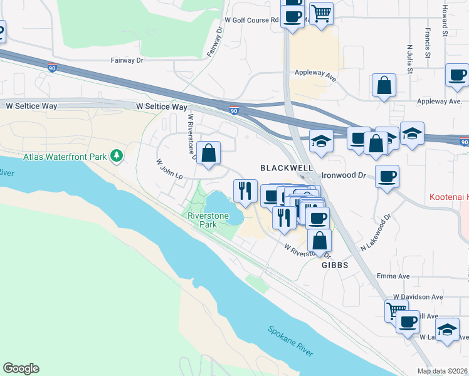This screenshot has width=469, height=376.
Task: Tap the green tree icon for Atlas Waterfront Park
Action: (116, 155)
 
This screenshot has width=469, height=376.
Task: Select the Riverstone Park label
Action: (206, 219)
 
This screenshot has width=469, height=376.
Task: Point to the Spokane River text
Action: (290, 341)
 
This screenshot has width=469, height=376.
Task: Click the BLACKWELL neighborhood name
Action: (287, 169)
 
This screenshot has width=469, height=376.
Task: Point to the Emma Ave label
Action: (393, 276)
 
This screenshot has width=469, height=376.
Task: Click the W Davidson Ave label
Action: (418, 296)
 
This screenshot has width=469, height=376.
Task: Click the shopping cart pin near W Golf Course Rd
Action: (321, 13)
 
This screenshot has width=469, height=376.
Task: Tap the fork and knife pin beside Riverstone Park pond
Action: (245, 191)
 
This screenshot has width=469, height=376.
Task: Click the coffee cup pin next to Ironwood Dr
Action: (387, 177)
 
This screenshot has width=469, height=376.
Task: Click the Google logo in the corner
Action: (21, 368)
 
